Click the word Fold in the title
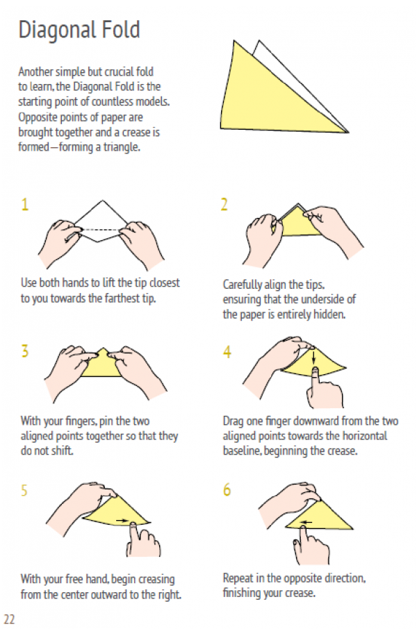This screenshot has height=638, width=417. tap(121, 29)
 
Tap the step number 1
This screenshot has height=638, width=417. tap(25, 204)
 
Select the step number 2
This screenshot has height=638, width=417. tap(224, 204)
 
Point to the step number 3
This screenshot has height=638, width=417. tap(25, 351)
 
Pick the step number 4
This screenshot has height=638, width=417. tap(227, 351)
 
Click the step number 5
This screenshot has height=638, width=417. tap(24, 490)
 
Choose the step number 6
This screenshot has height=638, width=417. tap(227, 489)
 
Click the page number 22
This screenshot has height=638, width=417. tap(9, 619)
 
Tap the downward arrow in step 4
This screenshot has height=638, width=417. tap(313, 358)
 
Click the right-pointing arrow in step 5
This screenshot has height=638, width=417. tap(122, 520)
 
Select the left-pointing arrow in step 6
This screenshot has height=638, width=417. tap(306, 523)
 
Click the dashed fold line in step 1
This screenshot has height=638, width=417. tap(101, 230)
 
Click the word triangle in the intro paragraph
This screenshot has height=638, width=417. tap(122, 147)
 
